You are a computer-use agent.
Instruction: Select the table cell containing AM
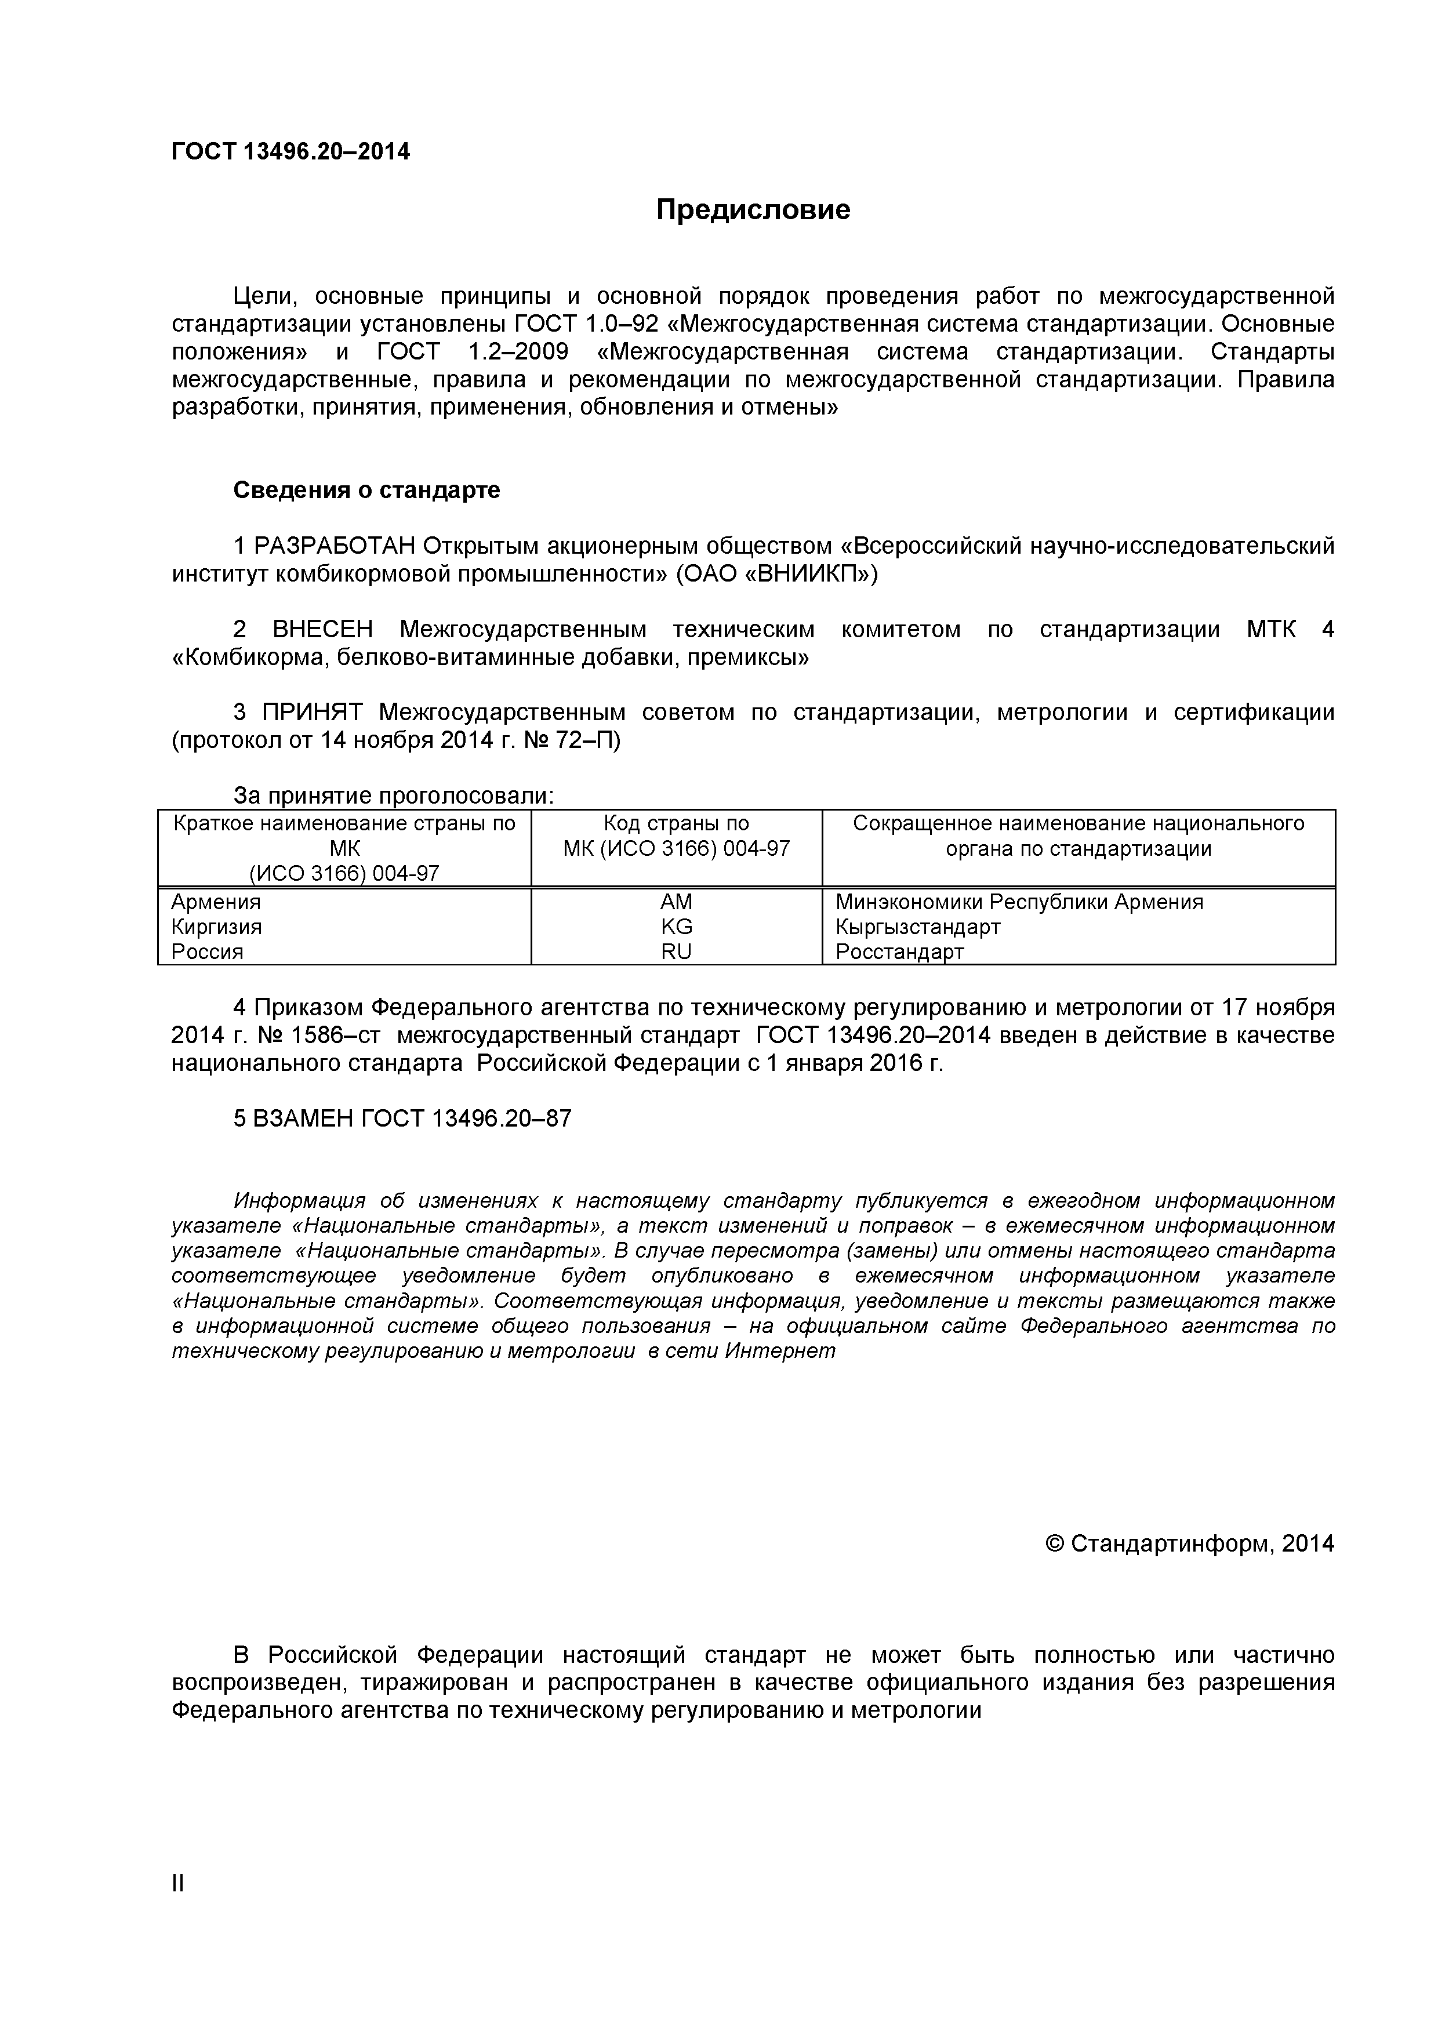[x=676, y=902]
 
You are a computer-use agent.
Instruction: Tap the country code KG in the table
[x=676, y=927]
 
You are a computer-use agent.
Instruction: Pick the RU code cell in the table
[x=676, y=951]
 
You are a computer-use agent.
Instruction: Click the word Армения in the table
[x=216, y=902]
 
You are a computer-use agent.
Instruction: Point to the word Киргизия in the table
[x=216, y=927]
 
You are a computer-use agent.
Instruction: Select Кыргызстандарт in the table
[x=918, y=927]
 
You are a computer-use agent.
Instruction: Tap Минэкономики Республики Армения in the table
[x=1019, y=902]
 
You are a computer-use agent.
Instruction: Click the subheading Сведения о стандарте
[x=367, y=490]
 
